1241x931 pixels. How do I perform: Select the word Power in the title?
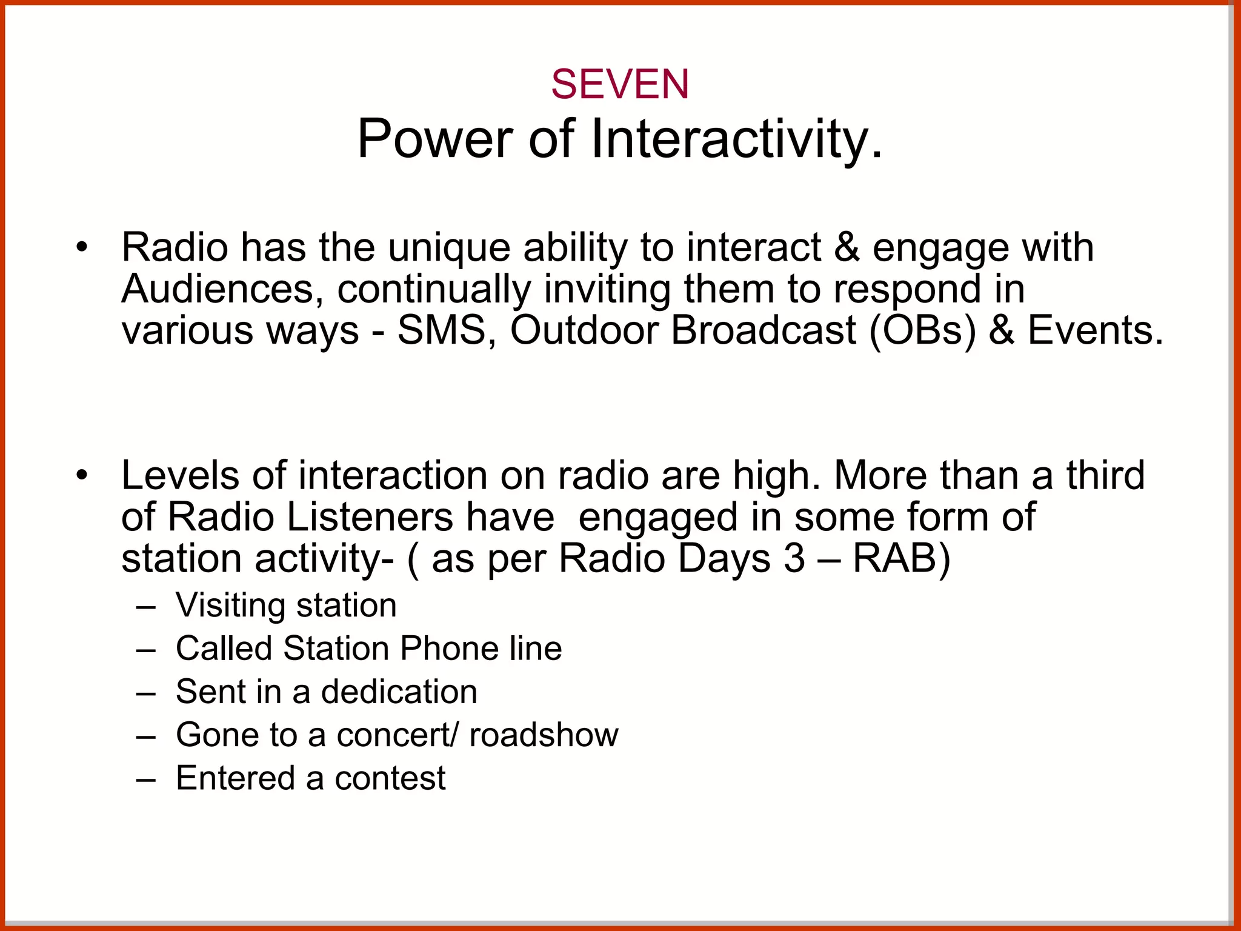pos(434,139)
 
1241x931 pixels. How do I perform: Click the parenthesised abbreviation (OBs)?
pos(923,331)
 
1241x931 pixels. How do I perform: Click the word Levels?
pos(181,475)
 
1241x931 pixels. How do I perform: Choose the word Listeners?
pos(369,517)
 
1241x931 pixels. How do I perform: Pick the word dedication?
pos(399,692)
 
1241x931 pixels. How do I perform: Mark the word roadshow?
pos(544,735)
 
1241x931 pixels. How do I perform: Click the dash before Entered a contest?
pos(146,779)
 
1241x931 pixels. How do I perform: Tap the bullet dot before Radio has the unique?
pos(82,248)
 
